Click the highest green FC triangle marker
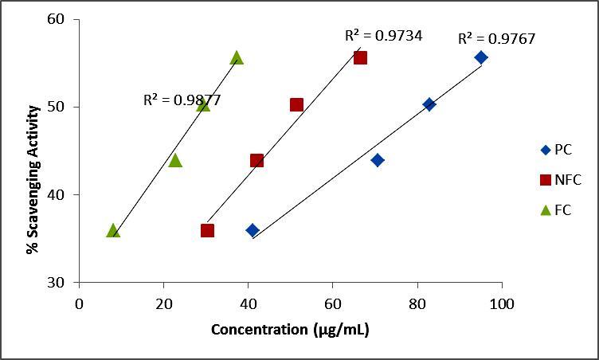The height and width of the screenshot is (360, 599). (237, 57)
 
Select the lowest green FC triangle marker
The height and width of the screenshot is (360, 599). (113, 230)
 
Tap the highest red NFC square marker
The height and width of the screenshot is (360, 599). (360, 57)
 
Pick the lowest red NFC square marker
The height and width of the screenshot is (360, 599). (207, 230)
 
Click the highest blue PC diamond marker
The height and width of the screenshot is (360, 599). (481, 57)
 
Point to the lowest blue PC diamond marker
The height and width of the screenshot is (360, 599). (253, 230)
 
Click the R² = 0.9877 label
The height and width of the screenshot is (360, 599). (182, 100)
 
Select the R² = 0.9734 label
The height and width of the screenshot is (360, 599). (383, 35)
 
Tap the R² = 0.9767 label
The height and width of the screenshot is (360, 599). (495, 39)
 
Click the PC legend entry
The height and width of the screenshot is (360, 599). (558, 150)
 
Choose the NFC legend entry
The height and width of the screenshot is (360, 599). (562, 180)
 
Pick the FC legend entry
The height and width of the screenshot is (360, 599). (558, 210)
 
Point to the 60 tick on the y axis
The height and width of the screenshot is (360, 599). (58, 18)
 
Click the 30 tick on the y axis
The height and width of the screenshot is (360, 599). (58, 282)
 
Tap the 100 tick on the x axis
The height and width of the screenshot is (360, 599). (502, 303)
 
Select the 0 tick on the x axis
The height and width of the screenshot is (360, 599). (79, 303)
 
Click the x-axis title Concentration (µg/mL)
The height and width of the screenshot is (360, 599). (290, 330)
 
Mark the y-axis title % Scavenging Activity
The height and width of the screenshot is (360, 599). (32, 151)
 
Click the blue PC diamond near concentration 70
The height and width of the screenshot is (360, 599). (378, 160)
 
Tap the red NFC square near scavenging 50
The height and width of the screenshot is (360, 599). (296, 104)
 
